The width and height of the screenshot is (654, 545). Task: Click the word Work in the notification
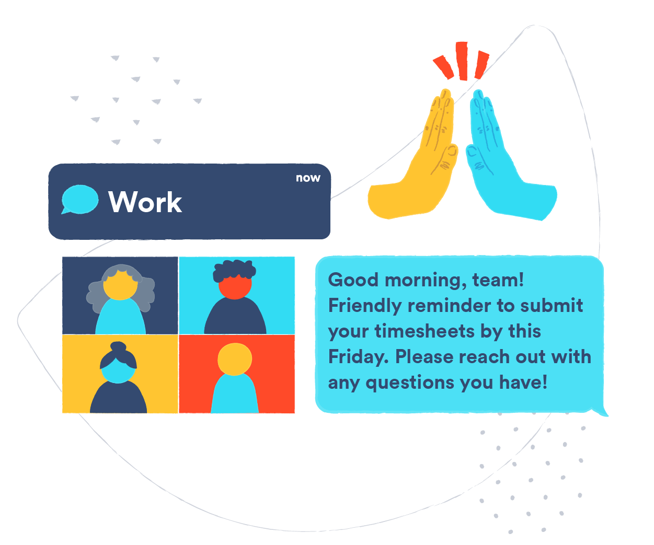tap(145, 202)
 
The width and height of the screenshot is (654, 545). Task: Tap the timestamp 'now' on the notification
tap(307, 178)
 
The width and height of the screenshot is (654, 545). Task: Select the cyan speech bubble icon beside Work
tap(79, 200)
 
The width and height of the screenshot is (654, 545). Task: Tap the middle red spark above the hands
tap(462, 61)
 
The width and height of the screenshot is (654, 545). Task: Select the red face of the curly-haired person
tap(235, 286)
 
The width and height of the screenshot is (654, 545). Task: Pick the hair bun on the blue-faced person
tap(118, 346)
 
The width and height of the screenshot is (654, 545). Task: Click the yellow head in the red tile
tap(235, 358)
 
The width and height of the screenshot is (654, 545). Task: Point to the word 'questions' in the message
tap(410, 382)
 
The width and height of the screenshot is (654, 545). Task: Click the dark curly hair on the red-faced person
tap(234, 270)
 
